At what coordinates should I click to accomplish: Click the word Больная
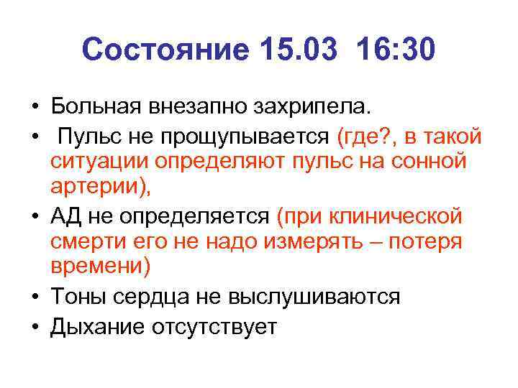[x=96, y=108]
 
